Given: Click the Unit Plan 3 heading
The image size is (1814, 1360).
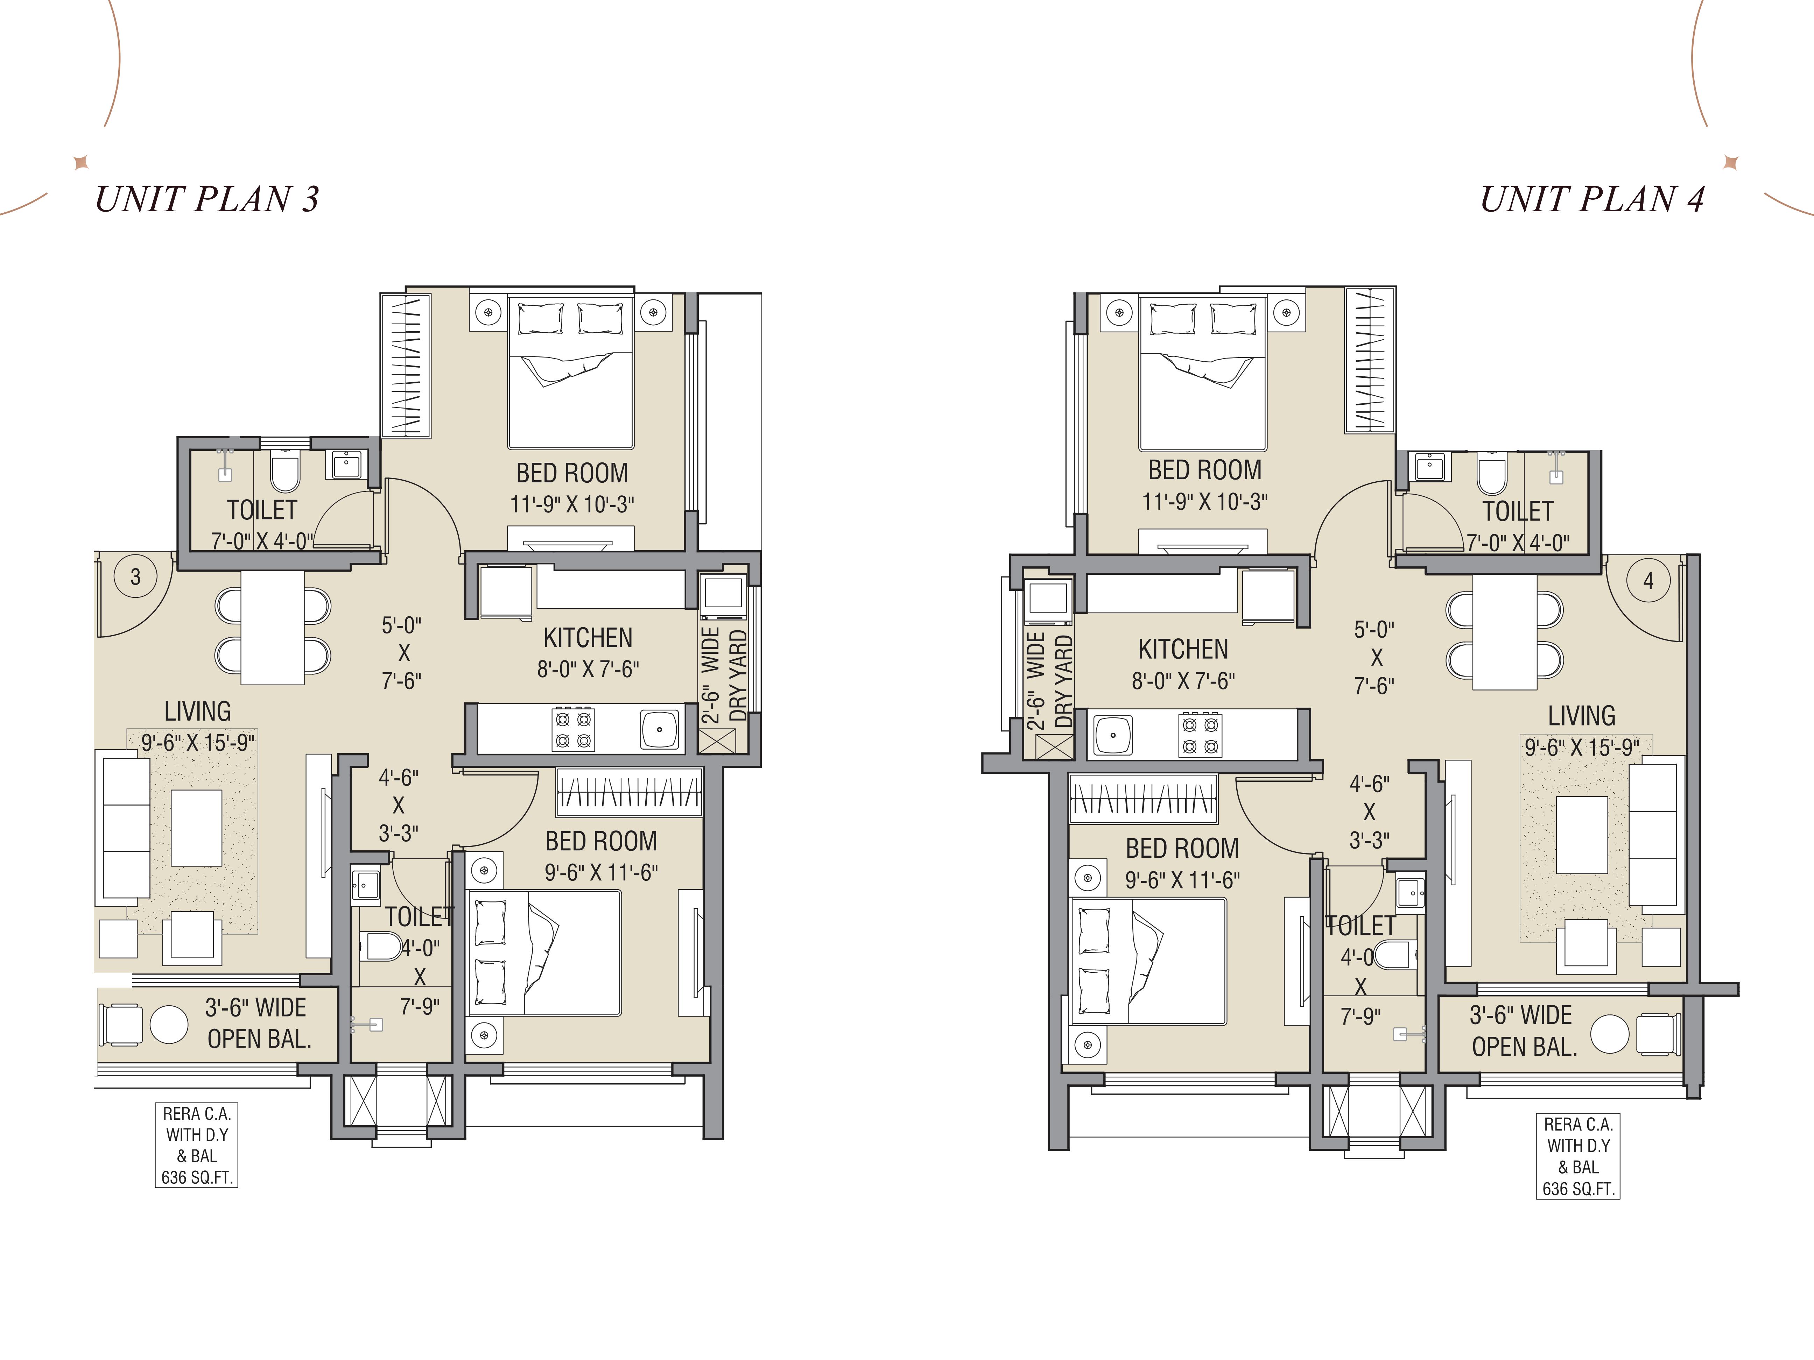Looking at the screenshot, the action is click(207, 199).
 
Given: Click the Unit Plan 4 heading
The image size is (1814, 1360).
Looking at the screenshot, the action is click(1592, 199).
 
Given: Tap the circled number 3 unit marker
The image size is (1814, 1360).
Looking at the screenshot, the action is click(136, 577).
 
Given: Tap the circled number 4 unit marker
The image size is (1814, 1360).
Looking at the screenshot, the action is click(1648, 581).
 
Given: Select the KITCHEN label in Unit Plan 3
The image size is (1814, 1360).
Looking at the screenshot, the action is click(588, 638).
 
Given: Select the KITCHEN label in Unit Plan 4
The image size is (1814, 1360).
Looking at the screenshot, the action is click(1183, 649).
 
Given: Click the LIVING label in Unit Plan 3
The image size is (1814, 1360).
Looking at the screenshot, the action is click(198, 711).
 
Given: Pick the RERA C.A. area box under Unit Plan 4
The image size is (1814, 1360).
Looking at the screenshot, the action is click(1578, 1156).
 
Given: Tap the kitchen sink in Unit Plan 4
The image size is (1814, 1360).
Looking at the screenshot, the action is click(1112, 735).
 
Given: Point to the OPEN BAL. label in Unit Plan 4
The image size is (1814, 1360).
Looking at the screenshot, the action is click(1525, 1047).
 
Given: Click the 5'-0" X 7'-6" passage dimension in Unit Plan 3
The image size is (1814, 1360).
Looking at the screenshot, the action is click(402, 653).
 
